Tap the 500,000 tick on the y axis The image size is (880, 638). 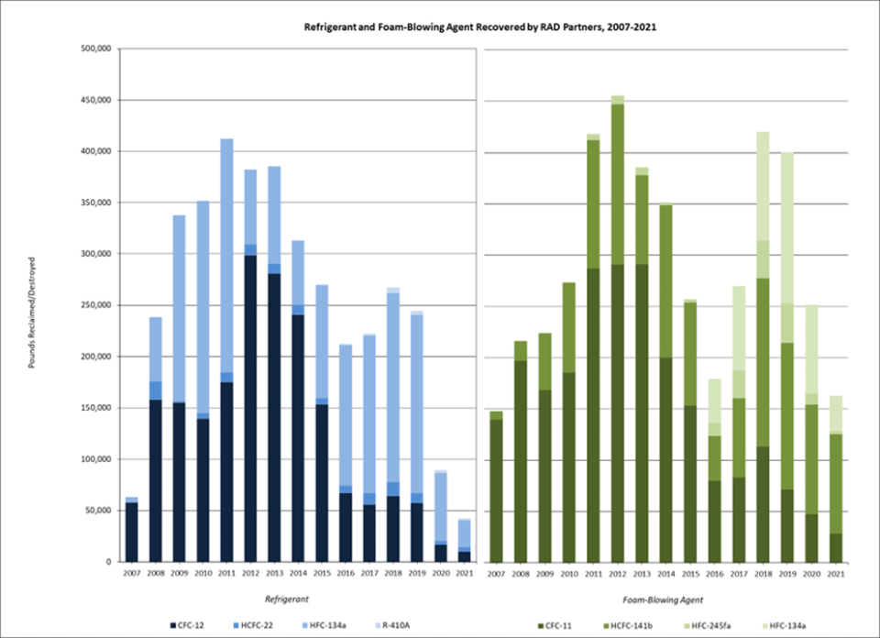(94, 49)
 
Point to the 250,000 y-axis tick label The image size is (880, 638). (94, 305)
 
